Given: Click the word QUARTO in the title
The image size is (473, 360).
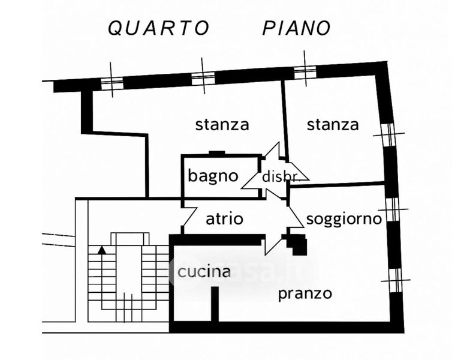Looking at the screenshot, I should point(158,28).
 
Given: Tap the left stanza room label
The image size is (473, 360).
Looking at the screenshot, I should point(222,125).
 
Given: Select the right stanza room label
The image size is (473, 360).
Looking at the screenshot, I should point(333,125).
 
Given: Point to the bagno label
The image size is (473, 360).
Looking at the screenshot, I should point(213,176).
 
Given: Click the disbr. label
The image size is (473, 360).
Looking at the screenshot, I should point(280,176).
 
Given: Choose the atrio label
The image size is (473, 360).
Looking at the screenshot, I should point(224,219).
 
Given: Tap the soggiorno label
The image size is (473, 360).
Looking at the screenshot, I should point(344,219).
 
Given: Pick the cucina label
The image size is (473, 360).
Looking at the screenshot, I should point(204,272).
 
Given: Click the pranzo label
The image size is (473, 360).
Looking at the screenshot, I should point(305,294).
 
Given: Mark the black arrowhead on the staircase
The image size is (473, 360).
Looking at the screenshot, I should point(103,249).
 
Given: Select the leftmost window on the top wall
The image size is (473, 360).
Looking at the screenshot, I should point(112,83).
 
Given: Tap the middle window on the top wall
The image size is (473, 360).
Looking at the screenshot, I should point(203,77).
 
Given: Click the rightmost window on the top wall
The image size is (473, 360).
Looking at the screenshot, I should point(305,71).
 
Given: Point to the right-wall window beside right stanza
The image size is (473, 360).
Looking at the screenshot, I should point(388,134).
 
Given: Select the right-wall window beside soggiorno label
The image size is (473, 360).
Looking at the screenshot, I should point(393,209).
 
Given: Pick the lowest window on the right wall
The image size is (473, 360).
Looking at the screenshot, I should point(395,280).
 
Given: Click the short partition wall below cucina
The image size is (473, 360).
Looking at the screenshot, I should point(215,304).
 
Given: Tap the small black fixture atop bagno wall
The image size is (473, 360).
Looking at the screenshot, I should point(216,154).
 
